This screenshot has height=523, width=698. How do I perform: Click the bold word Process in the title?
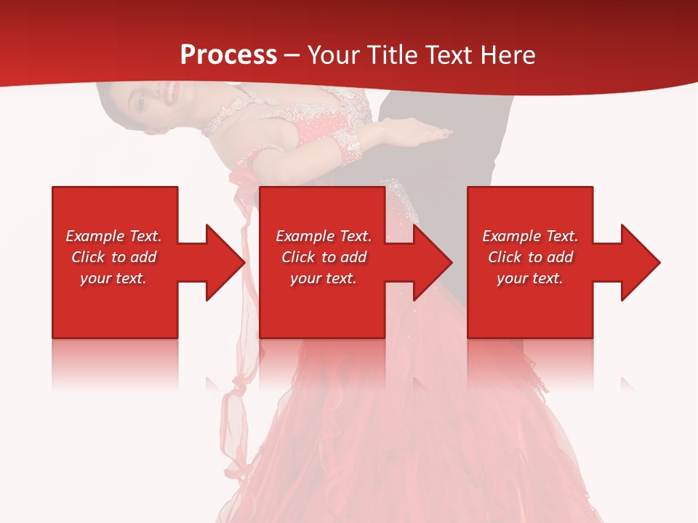pos(228,55)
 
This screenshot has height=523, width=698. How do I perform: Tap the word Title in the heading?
pos(393,55)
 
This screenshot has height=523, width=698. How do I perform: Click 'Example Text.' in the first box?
pos(113,236)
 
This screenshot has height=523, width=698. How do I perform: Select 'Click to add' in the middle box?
pos(324,257)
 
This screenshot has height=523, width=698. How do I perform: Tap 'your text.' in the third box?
pos(530,278)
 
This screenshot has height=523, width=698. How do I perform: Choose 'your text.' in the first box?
pos(113,278)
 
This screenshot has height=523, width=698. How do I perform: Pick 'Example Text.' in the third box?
pos(530,236)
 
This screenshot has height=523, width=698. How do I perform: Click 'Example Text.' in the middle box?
pos(324,236)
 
